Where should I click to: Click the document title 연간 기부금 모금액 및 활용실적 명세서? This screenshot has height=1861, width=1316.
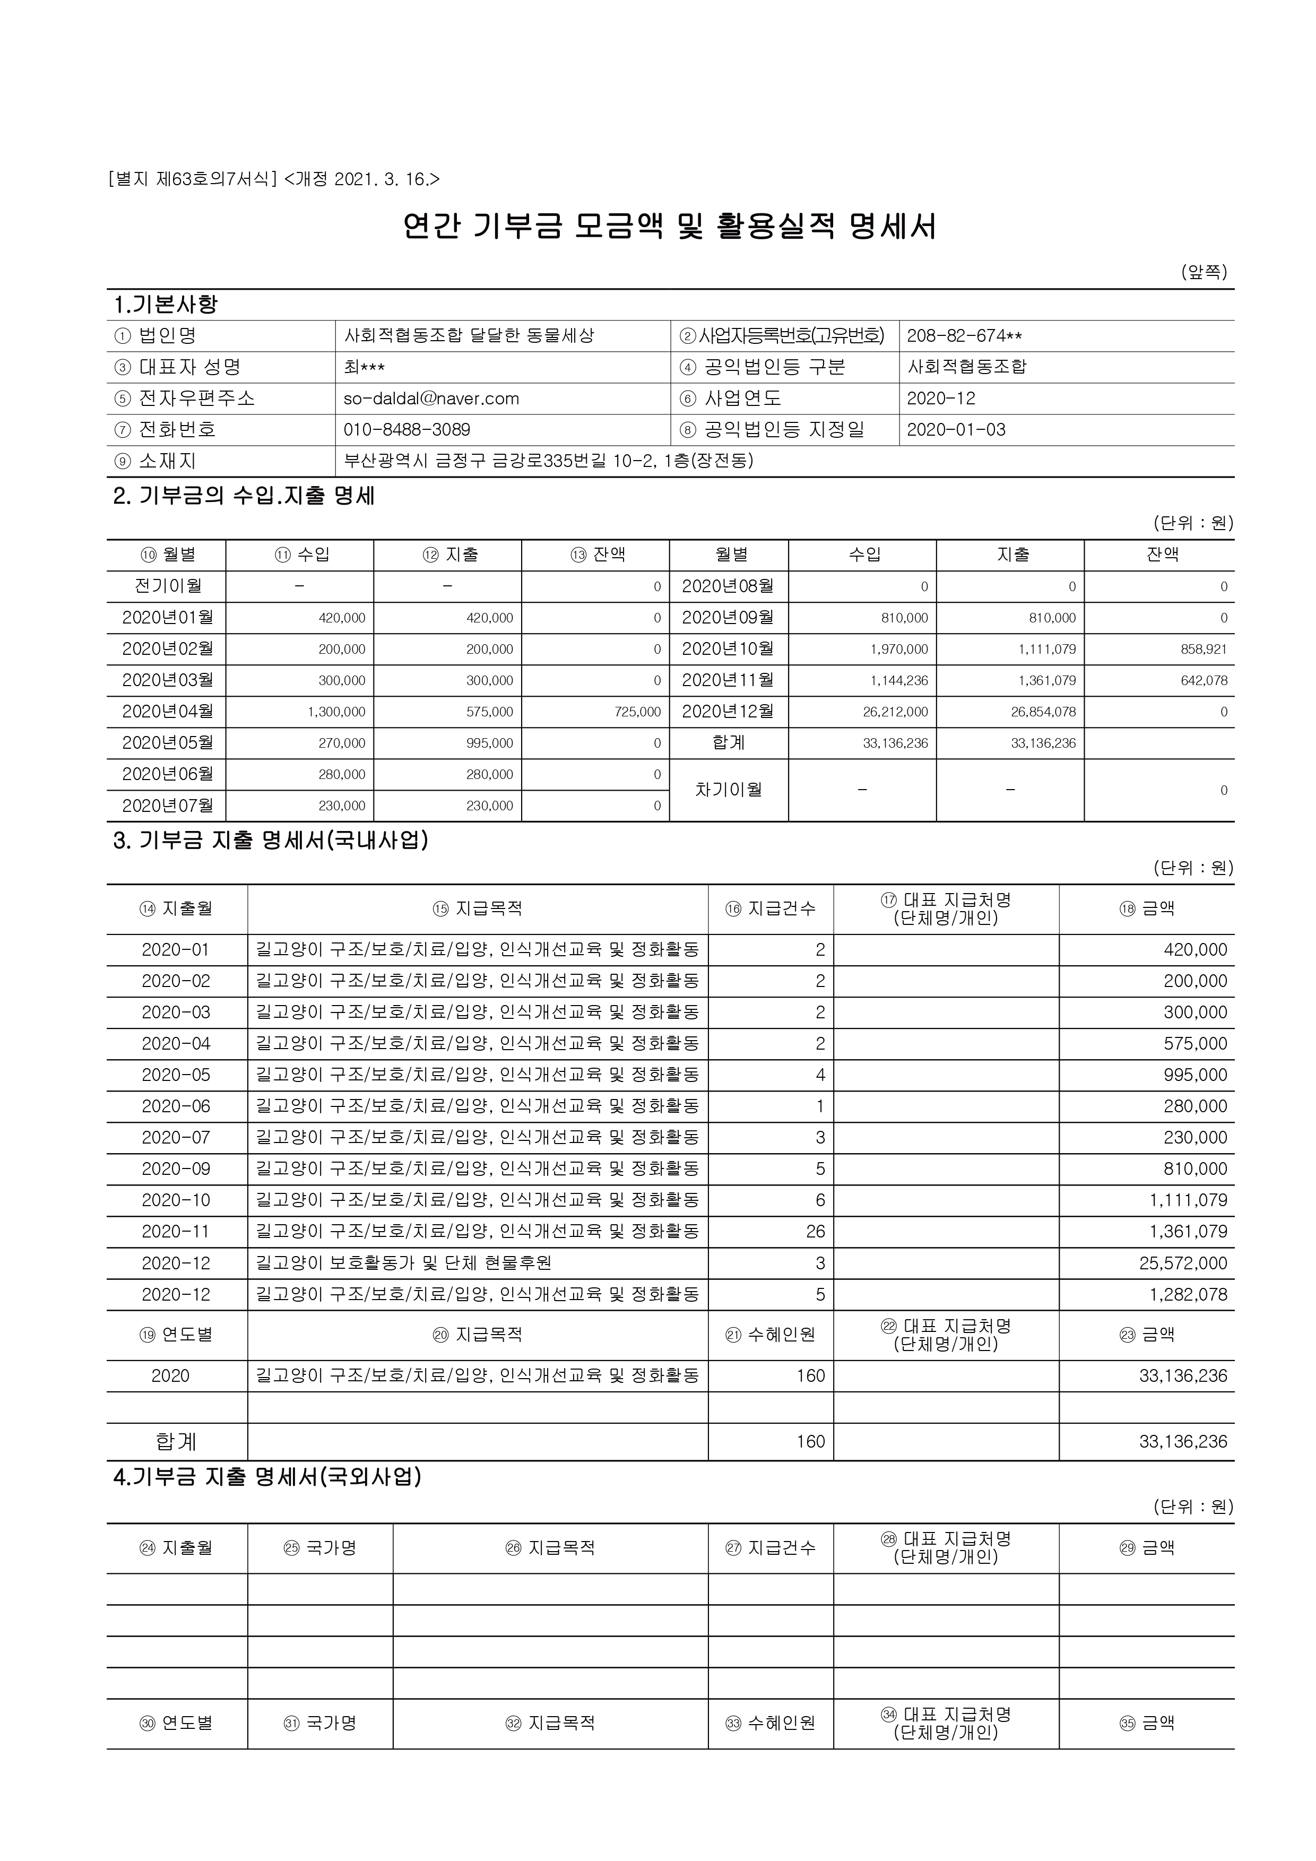(669, 226)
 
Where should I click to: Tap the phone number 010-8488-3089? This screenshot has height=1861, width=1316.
(407, 430)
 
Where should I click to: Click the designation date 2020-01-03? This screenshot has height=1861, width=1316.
(956, 430)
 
